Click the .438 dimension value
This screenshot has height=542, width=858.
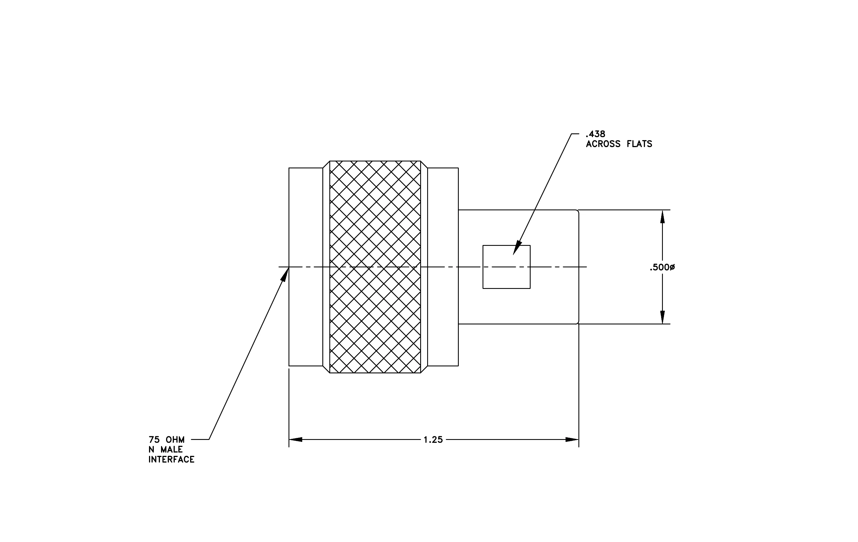[595, 134]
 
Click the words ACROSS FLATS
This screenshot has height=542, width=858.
[619, 144]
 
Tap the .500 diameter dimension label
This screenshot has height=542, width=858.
[662, 267]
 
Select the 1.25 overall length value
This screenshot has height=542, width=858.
[433, 440]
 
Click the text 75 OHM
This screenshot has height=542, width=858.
[166, 440]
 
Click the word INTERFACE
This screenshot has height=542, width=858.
[171, 460]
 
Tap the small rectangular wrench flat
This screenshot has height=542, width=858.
[506, 267]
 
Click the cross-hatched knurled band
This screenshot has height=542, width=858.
[375, 267]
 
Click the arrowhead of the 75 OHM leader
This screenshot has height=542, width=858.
[285, 274]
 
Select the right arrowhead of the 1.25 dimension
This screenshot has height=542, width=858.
[572, 440]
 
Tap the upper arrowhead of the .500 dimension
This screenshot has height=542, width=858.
[662, 216]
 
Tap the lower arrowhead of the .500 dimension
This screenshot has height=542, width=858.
[662, 317]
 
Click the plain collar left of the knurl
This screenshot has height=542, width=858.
[306, 267]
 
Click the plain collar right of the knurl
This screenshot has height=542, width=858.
[443, 267]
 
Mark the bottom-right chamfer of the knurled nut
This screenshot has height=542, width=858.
[424, 369]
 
